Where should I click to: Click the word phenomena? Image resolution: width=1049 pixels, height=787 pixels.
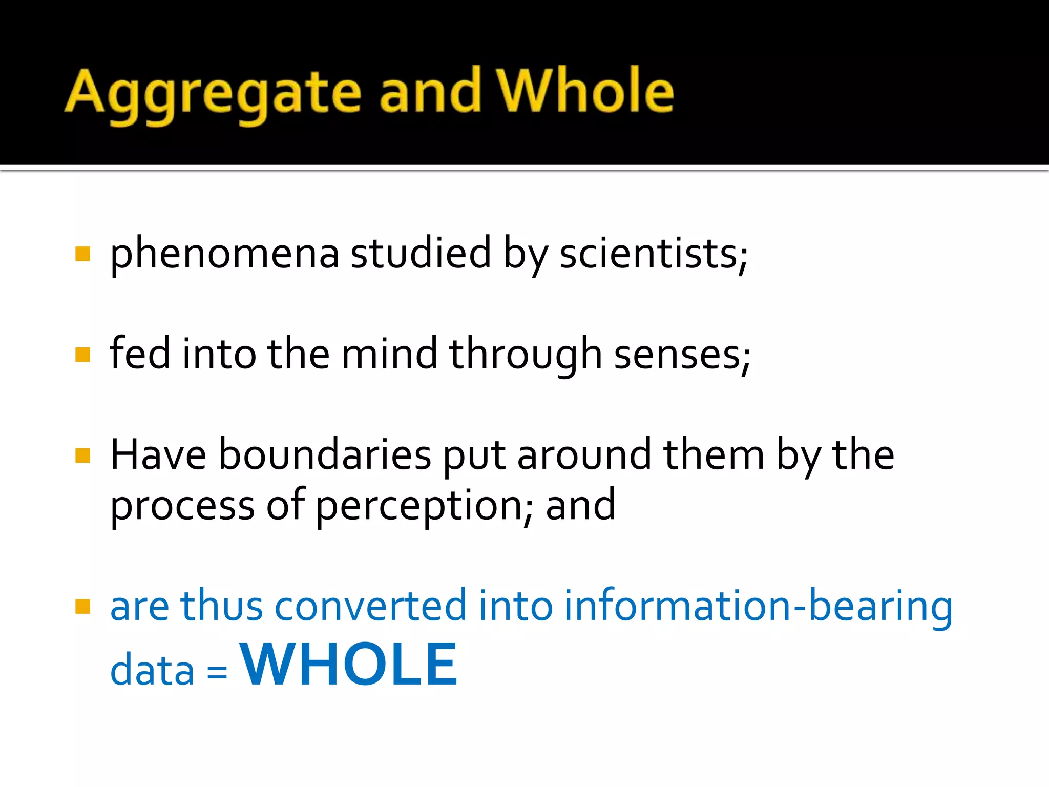point(224,254)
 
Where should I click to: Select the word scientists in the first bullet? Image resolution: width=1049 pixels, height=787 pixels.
point(653,254)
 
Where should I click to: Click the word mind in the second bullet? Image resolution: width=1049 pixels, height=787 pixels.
point(389,354)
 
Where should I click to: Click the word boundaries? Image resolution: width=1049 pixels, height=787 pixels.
point(325,455)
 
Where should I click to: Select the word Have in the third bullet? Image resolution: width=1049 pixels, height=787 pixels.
point(158,454)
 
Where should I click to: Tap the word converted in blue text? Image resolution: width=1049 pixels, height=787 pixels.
point(370,606)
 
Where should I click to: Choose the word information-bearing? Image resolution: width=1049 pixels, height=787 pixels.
point(758,606)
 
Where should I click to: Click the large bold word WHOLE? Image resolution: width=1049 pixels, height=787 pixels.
point(349,664)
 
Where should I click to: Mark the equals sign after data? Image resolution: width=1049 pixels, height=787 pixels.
point(217,671)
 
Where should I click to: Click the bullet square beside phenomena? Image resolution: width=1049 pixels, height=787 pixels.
point(82,254)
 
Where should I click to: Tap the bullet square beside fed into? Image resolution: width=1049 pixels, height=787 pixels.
point(82,355)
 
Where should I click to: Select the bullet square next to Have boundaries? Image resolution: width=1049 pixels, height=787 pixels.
point(82,455)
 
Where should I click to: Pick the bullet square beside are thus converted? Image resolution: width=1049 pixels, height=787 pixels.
point(82,607)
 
